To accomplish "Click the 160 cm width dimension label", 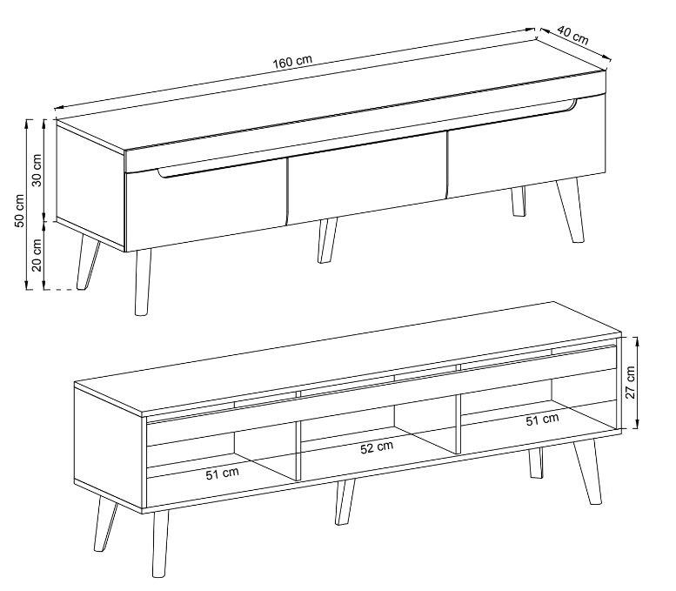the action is point(291,62).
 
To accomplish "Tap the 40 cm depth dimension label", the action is point(572,36).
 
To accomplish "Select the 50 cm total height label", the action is point(19,211).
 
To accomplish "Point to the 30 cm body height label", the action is point(37,171).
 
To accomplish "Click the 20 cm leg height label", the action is point(37,254).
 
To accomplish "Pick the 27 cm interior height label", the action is point(630,382).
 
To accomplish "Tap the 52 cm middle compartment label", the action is point(377,447).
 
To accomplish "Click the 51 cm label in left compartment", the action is point(222,474).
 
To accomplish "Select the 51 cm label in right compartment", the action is point(542,420).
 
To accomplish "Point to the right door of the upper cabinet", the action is point(526,148).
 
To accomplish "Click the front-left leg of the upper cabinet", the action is point(143,283).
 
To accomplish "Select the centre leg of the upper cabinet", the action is point(327,240).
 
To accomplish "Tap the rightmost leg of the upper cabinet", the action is point(571,210).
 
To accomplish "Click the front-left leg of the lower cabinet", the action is point(160,543).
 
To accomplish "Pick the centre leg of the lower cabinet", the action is point(345,501).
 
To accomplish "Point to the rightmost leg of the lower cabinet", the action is point(587,472).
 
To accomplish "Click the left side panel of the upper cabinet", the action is point(90,185).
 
